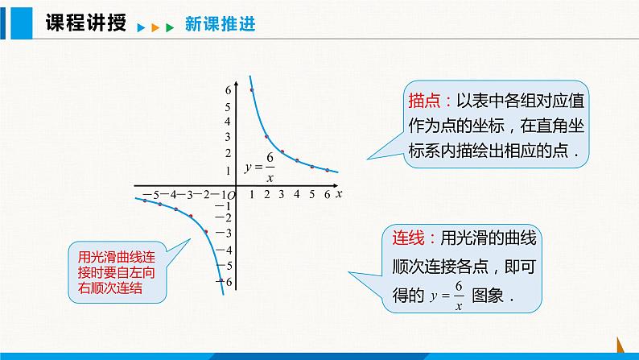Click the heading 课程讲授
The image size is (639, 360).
[85, 22]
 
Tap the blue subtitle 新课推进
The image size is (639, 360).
[220, 23]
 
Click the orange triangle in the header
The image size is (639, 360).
[155, 27]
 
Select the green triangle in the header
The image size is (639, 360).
[170, 27]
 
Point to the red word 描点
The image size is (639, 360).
[424, 101]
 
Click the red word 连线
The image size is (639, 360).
[408, 238]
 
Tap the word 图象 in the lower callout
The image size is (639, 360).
[488, 296]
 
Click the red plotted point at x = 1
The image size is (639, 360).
[252, 90]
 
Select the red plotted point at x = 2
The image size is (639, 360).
[266, 137]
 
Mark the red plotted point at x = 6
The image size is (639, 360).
[328, 170]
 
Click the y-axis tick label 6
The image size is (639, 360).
[228, 90]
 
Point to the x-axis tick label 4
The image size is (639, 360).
[297, 194]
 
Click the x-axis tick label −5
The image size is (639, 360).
[150, 195]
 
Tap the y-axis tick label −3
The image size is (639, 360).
[223, 234]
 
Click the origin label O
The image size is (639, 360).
[231, 196]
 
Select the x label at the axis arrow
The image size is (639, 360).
[339, 194]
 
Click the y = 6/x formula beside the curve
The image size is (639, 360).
[260, 168]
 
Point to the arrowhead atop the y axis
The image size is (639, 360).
[237, 84]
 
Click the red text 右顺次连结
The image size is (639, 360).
[110, 288]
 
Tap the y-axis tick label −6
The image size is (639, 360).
[226, 282]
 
